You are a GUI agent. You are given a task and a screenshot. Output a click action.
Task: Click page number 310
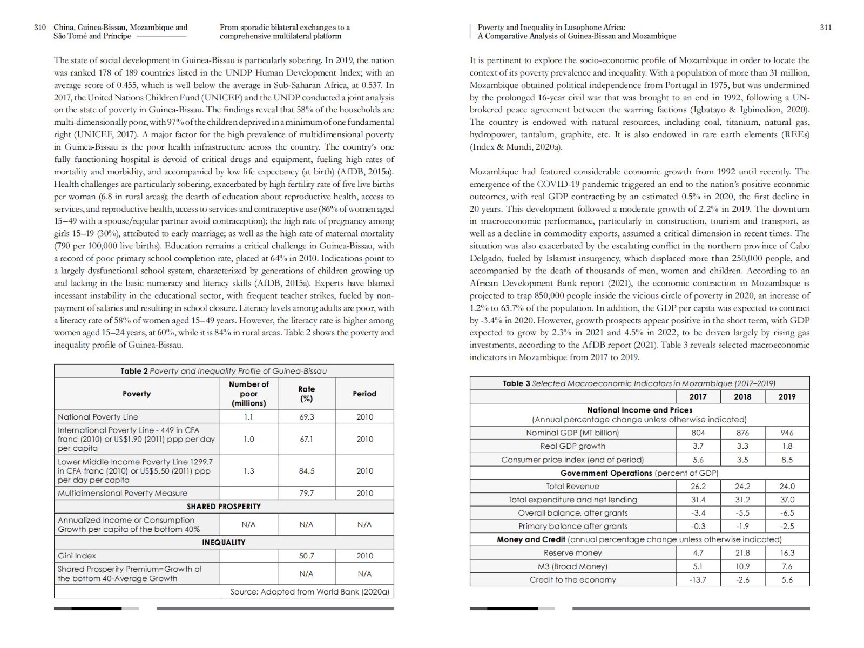pyautogui.click(x=40, y=28)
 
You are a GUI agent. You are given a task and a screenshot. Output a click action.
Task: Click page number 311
pyautogui.click(x=826, y=28)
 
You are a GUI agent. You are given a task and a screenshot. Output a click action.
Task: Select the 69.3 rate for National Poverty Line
pyautogui.click(x=306, y=417)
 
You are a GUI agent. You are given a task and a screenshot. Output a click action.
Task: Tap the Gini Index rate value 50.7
pyautogui.click(x=306, y=556)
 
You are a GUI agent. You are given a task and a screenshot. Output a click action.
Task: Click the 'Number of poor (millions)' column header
pyautogui.click(x=248, y=394)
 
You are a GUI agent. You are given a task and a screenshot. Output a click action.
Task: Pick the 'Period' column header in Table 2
pyautogui.click(x=364, y=394)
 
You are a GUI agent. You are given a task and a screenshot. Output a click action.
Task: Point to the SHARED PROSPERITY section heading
pyautogui.click(x=224, y=507)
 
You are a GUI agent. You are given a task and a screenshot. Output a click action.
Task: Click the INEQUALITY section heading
pyautogui.click(x=224, y=542)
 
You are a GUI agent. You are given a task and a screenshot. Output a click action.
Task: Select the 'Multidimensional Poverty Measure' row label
pyautogui.click(x=123, y=493)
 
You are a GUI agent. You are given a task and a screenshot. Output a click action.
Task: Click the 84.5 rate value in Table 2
pyautogui.click(x=306, y=471)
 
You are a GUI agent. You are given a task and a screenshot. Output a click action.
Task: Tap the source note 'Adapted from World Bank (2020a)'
pyautogui.click(x=309, y=592)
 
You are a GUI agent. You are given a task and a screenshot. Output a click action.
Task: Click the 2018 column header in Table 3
pyautogui.click(x=742, y=397)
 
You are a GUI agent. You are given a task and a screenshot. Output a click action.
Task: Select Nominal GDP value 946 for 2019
pyautogui.click(x=787, y=433)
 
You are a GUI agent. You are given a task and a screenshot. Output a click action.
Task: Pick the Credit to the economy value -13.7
pyautogui.click(x=698, y=580)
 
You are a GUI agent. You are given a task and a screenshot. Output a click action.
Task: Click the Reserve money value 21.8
pyautogui.click(x=742, y=553)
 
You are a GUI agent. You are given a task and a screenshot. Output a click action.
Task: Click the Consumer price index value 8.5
pyautogui.click(x=787, y=460)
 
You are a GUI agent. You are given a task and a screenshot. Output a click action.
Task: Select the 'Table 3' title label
pyautogui.click(x=516, y=383)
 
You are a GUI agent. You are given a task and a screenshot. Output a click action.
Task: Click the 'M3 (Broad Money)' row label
pyautogui.click(x=572, y=566)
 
